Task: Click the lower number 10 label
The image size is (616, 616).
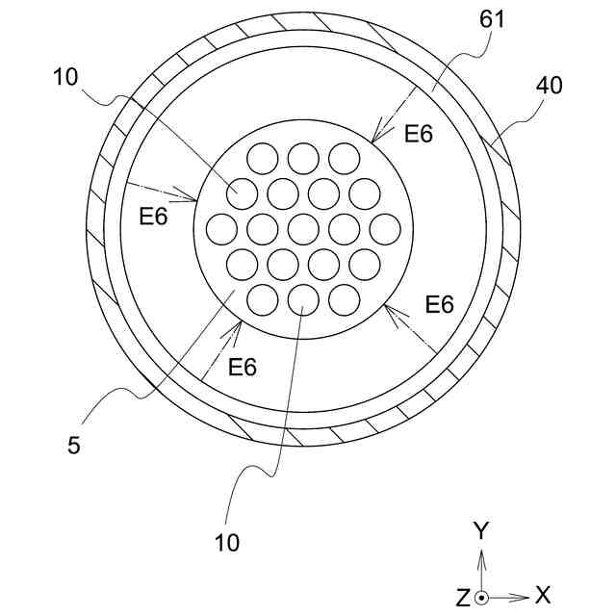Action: [x=227, y=543]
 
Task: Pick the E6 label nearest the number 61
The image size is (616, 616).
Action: [x=419, y=134]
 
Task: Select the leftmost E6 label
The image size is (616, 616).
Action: [x=153, y=217]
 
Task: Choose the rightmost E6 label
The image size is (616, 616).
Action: [x=439, y=305]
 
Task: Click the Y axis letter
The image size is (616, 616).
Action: [x=483, y=530]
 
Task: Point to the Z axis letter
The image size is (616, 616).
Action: [x=463, y=598]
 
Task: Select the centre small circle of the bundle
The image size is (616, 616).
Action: [x=303, y=229]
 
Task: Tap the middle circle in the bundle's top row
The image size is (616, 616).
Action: [x=303, y=157]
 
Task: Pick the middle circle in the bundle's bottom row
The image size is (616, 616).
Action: [x=303, y=301]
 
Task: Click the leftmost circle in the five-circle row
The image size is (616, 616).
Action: [x=221, y=229]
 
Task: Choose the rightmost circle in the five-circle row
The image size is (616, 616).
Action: [x=385, y=229]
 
